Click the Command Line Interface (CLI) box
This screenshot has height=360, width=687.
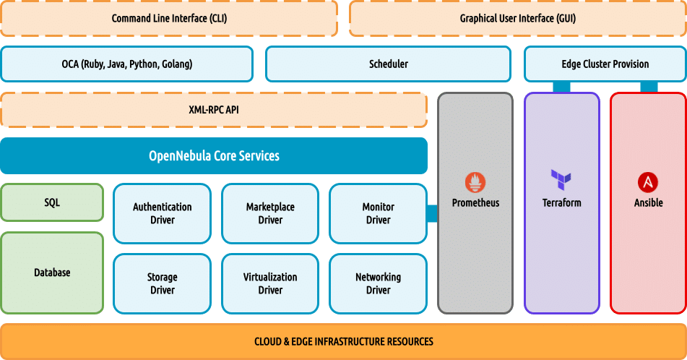[169, 19]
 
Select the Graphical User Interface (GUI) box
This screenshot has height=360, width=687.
[518, 19]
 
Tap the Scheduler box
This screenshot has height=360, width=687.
[388, 64]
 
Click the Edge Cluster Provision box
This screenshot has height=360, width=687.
[605, 64]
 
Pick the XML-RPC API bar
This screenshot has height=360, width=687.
[214, 110]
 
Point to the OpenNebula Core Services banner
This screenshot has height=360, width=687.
[214, 155]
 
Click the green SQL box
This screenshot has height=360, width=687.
[52, 202]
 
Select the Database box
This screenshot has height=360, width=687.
[52, 273]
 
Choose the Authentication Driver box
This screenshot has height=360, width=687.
[163, 213]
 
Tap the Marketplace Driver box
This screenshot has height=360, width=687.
[270, 213]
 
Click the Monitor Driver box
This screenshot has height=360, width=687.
[378, 213]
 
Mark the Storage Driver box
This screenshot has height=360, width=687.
[163, 283]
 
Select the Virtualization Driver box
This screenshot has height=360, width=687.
[270, 283]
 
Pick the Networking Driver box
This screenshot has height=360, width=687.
[378, 283]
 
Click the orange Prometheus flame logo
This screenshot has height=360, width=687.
[475, 181]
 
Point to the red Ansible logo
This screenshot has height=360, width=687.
[648, 181]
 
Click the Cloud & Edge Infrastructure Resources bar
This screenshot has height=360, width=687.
[343, 341]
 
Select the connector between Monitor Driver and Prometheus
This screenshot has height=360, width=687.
[433, 213]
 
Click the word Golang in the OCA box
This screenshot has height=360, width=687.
[176, 64]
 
